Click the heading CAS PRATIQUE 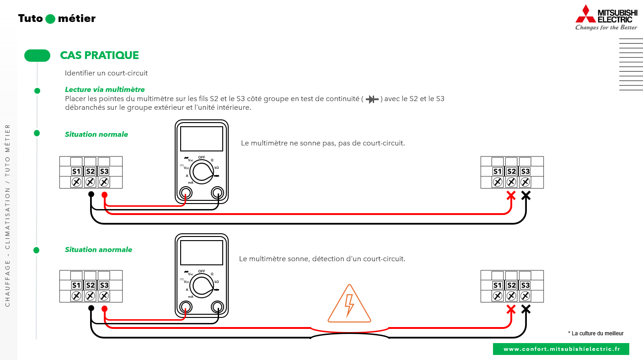(99, 55)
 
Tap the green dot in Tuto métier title (50, 19)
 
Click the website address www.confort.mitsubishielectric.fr (562, 349)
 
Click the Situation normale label (96, 134)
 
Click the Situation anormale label (98, 249)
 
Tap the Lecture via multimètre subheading (105, 90)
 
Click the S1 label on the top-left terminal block (76, 172)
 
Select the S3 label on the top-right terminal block (525, 172)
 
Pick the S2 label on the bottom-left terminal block (90, 285)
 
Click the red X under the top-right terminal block (511, 195)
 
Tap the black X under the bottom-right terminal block (526, 309)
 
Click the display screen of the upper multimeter (202, 139)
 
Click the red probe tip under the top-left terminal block (104, 195)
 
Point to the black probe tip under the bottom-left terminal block (91, 308)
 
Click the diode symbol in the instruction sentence (372, 99)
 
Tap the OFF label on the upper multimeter (202, 157)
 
